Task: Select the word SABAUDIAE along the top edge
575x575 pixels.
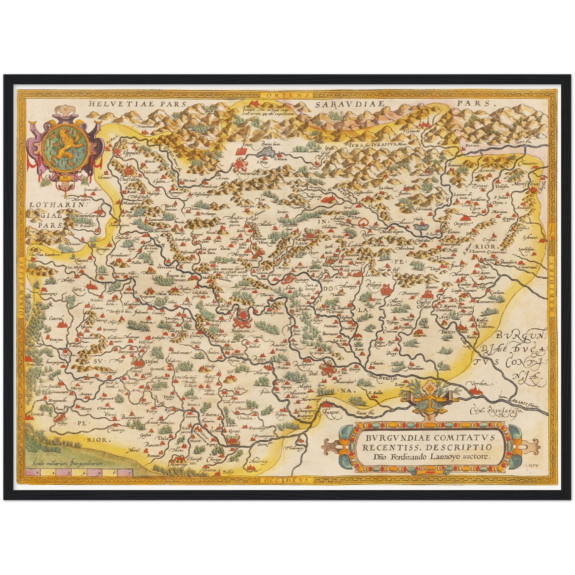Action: (x=348, y=104)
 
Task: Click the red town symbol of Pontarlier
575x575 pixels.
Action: (x=241, y=164)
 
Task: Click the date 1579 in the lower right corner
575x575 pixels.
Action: (x=536, y=464)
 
